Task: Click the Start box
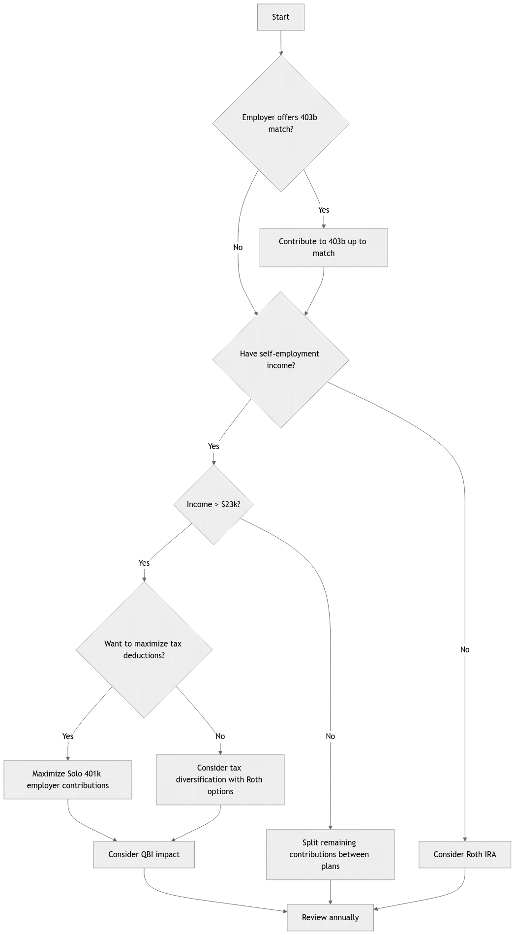tap(281, 17)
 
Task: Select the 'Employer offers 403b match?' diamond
tap(281, 124)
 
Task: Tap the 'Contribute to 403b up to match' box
tap(324, 248)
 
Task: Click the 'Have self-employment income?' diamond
tap(281, 360)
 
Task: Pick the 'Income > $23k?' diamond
tap(213, 505)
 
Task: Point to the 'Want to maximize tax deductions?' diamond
tap(144, 650)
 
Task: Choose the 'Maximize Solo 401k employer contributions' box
tap(68, 780)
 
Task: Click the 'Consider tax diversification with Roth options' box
tap(220, 780)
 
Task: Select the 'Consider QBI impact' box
tap(144, 855)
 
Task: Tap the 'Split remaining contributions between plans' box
tap(331, 855)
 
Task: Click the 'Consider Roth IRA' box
tap(465, 855)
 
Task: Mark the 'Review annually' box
tap(331, 918)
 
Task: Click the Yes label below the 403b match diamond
tap(324, 210)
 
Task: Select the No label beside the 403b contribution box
tap(238, 248)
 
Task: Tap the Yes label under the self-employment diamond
tap(213, 447)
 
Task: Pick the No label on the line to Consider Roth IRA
tap(465, 650)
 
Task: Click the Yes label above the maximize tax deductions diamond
tap(144, 563)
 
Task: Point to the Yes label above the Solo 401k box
tap(68, 737)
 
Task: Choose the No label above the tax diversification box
tap(220, 737)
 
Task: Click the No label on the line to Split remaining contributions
tap(331, 737)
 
